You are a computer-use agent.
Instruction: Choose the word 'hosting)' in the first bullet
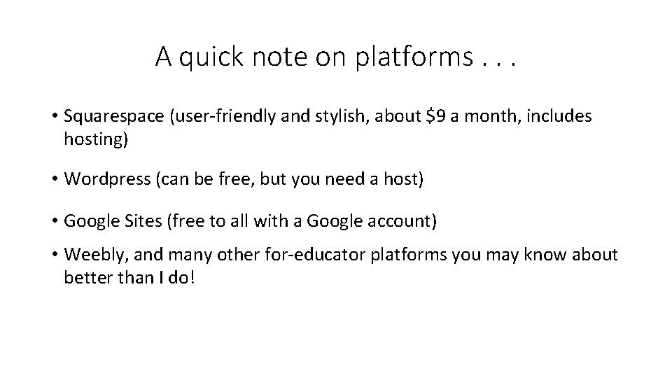coord(96,139)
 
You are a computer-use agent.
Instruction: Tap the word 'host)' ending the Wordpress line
coord(403,179)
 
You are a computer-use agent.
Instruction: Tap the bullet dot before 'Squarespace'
coord(53,117)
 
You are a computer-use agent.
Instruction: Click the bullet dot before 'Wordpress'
coord(53,180)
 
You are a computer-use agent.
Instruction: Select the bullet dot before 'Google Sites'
coord(53,222)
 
